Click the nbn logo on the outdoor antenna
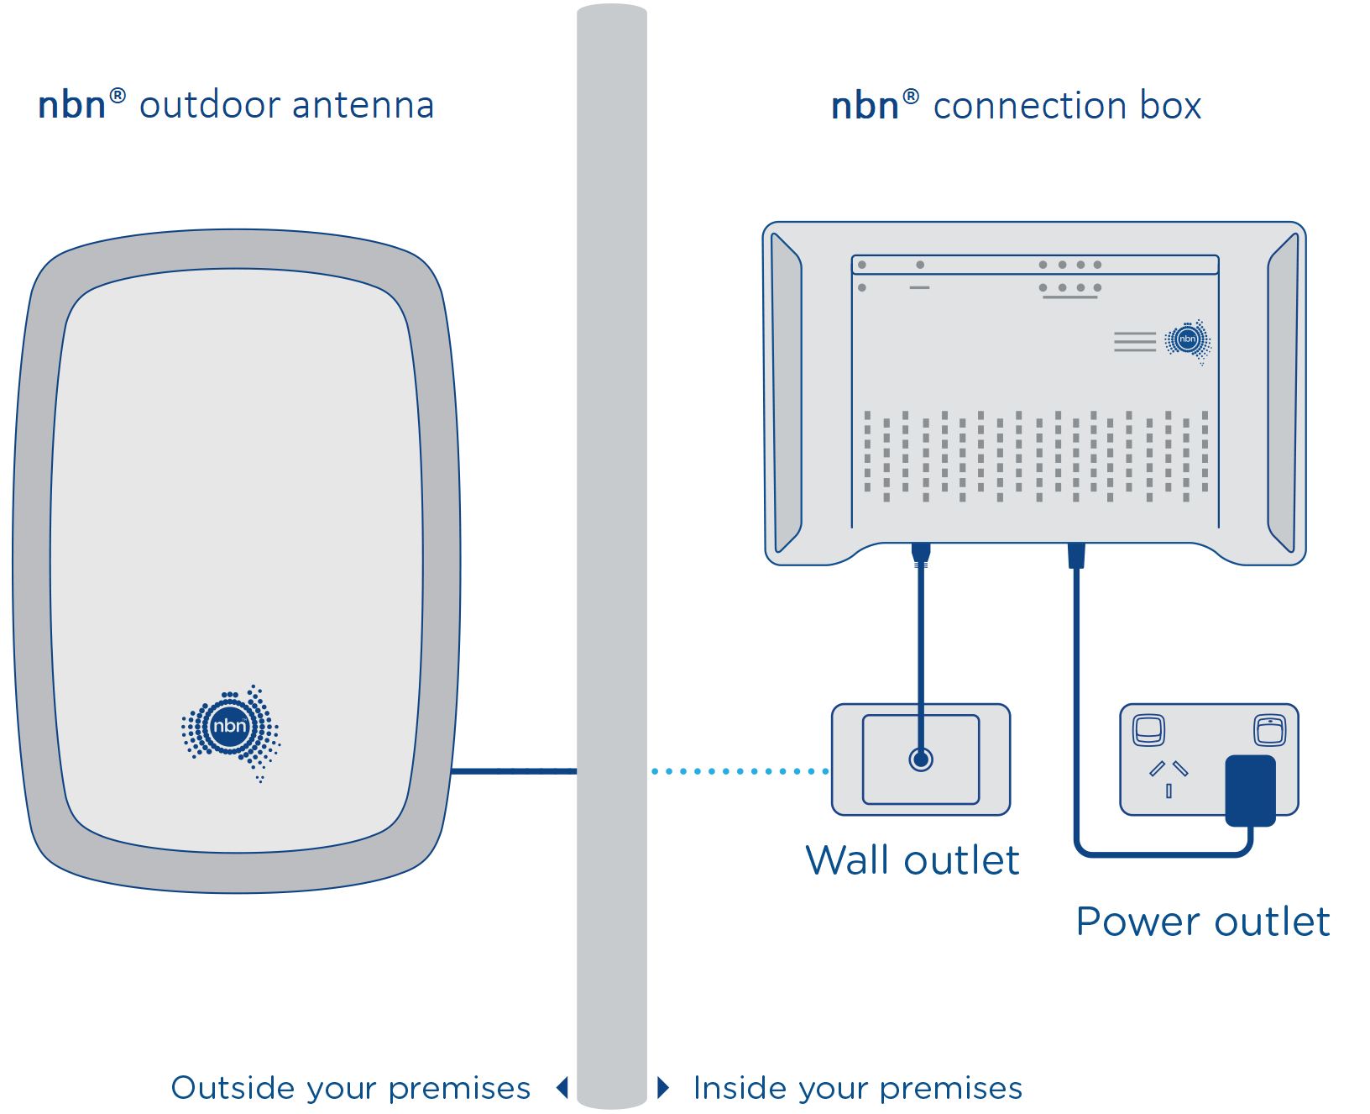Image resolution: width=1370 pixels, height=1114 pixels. pos(230,728)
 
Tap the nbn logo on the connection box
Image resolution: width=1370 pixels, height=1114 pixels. pos(1187,339)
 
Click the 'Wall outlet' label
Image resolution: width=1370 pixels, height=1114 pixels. pos(912,860)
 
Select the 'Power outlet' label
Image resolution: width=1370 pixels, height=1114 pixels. pos(1202,922)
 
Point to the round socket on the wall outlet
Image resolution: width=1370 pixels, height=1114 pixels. pos(921,759)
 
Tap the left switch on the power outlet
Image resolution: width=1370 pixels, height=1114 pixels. pos(1148,729)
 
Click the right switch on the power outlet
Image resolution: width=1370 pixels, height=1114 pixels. pos(1269,729)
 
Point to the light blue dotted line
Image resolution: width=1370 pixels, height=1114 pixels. pos(739,770)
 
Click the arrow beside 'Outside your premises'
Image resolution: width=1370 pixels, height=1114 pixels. pos(562,1088)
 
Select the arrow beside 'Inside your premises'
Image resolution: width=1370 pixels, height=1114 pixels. pos(663,1088)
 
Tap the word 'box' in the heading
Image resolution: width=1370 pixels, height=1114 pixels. pos(1170,106)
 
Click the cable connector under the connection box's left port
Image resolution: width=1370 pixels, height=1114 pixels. pos(921,554)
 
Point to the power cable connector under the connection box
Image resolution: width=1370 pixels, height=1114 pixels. pos(1076,555)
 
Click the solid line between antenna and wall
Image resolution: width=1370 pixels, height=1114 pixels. pos(514,770)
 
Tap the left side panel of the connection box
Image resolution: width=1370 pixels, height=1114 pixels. pos(786,393)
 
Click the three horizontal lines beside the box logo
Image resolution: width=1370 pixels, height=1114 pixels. pos(1135,341)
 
